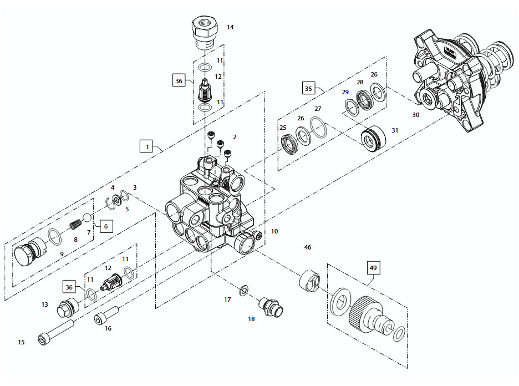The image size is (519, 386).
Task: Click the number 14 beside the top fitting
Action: point(230,27)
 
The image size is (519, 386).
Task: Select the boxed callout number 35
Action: point(309,88)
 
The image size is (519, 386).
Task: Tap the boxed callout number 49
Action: point(373,268)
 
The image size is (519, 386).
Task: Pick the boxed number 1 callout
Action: point(147,147)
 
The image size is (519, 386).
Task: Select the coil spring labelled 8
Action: point(76,226)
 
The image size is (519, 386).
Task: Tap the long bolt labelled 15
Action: point(56,331)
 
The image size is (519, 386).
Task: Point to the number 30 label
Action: point(416,115)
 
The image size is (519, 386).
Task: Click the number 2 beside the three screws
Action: point(235,136)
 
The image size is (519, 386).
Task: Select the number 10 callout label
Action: point(274,231)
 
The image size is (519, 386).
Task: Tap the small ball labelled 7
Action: point(87,217)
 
